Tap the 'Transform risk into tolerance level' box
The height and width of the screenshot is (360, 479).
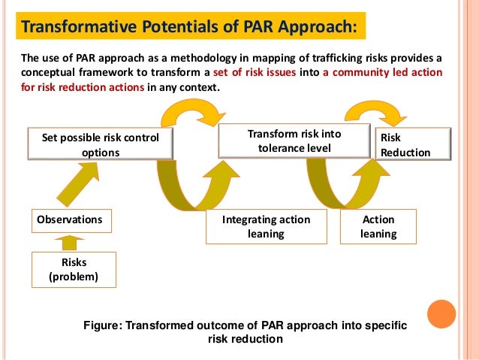point(295,141)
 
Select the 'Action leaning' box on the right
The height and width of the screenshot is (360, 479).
point(378,226)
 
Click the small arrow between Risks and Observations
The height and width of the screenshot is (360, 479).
point(70,243)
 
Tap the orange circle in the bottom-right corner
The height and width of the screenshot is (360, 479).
point(441,315)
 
